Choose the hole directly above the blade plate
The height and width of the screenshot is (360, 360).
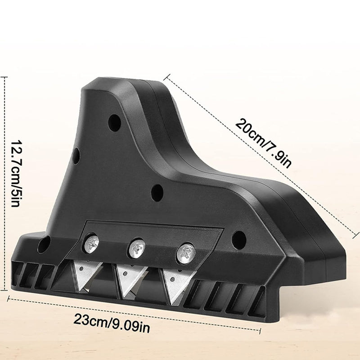click(157, 192)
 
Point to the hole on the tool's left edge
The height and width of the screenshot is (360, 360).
click(76, 156)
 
